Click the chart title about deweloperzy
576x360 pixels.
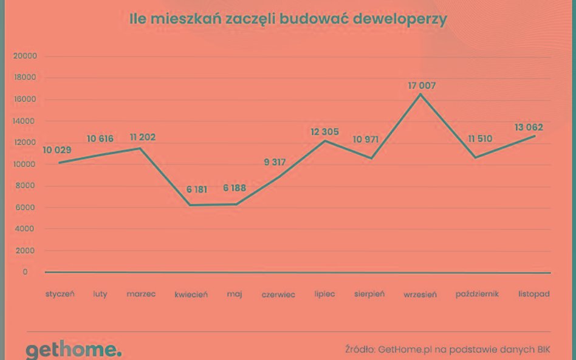pyautogui.click(x=288, y=19)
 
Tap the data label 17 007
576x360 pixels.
pyautogui.click(x=422, y=86)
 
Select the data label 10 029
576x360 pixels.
pyautogui.click(x=57, y=151)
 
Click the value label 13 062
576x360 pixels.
pyautogui.click(x=528, y=127)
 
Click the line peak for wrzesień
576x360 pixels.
pyautogui.click(x=420, y=94)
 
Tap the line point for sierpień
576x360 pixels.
pyautogui.click(x=371, y=158)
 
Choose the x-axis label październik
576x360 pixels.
pyautogui.click(x=477, y=294)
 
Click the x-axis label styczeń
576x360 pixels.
pyautogui.click(x=60, y=294)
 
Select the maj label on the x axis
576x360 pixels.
pyautogui.click(x=235, y=294)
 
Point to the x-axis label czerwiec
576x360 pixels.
pyautogui.click(x=278, y=294)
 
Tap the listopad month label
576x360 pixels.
pyautogui.click(x=534, y=294)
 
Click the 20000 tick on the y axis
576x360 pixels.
pyautogui.click(x=25, y=56)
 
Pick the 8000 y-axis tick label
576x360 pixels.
pyautogui.click(x=27, y=186)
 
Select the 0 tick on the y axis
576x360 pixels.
pyautogui.click(x=25, y=272)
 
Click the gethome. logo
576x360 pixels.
pyautogui.click(x=73, y=350)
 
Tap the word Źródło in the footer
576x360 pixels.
pyautogui.click(x=358, y=349)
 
